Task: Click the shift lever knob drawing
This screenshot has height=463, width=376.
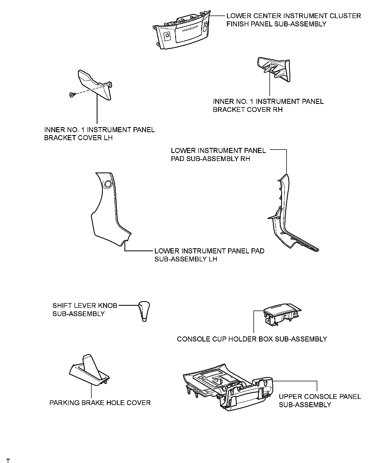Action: click(x=144, y=311)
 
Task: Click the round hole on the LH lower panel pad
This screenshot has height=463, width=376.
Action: click(x=108, y=184)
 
